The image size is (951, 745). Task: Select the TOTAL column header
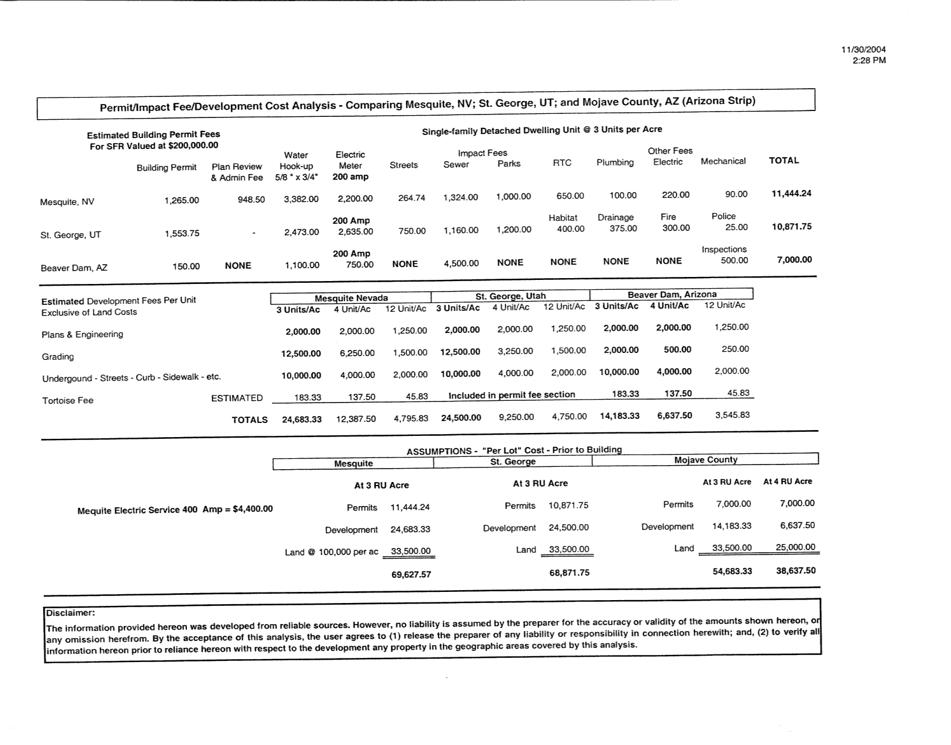pos(783,161)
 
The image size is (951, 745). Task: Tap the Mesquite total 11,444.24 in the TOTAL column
pos(791,193)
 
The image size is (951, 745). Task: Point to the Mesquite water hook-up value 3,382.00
pos(301,199)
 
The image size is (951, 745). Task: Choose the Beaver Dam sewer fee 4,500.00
pos(461,264)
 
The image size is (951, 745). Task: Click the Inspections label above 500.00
pos(724,250)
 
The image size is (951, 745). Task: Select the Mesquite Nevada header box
pos(351,298)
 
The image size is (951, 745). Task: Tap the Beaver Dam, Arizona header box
pos(671,294)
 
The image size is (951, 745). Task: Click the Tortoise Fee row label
pos(67,401)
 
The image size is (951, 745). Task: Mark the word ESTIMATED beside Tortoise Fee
pos(237,399)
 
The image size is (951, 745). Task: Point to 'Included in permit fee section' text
pos(511,395)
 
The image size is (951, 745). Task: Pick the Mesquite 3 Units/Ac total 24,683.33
pos(301,420)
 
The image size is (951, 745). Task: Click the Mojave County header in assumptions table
pos(705,460)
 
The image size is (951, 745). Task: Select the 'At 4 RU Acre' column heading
pos(787,481)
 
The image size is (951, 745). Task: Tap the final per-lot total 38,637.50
pos(795,570)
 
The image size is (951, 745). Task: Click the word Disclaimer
pos(70,613)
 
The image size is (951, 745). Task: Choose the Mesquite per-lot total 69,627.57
pos(411,574)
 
